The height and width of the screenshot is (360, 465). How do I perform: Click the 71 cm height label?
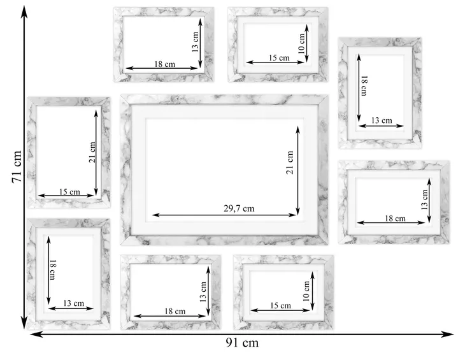click(17, 167)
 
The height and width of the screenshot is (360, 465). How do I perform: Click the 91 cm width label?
click(242, 343)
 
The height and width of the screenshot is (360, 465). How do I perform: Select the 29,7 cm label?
click(239, 208)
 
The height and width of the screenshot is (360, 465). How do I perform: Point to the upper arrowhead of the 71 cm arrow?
click(24, 12)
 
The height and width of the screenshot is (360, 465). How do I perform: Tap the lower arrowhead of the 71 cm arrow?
click(24, 322)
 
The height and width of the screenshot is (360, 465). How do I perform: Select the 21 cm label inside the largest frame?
click(290, 162)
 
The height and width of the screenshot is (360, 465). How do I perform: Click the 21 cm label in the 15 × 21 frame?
click(92, 152)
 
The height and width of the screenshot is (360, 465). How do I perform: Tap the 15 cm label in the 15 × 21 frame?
click(69, 192)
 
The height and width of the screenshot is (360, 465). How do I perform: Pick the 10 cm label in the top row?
click(301, 43)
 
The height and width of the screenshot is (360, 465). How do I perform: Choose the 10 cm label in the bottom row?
click(306, 291)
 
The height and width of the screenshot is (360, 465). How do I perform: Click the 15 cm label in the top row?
click(279, 58)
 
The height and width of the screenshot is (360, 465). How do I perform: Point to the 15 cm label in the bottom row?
click(280, 305)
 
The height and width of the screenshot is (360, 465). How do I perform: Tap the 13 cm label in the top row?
click(195, 42)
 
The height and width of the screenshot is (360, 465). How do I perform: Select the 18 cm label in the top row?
click(164, 64)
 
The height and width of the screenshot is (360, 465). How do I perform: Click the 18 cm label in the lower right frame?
click(395, 219)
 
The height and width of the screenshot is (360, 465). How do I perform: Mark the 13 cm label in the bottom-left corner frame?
click(73, 303)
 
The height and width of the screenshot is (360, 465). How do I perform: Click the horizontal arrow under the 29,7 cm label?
click(224, 215)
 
